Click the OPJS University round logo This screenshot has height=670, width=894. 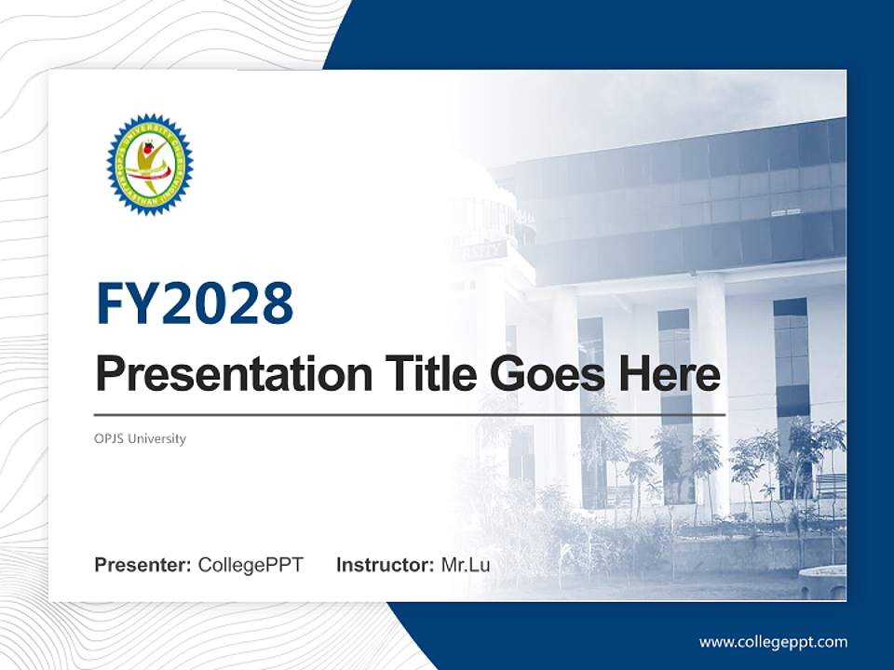(150, 165)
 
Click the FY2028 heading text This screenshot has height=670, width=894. (195, 303)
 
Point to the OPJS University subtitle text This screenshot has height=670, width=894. (141, 439)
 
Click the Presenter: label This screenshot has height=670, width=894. (142, 565)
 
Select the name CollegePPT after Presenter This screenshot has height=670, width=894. (251, 565)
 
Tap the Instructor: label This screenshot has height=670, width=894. (385, 565)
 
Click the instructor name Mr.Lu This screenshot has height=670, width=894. (466, 565)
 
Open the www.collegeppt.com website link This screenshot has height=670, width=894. (773, 642)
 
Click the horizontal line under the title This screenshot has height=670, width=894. (410, 414)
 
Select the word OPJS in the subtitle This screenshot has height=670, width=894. (110, 439)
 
